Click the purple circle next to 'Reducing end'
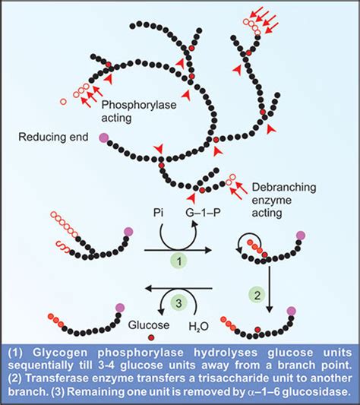(103, 138)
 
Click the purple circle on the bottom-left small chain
(118, 307)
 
